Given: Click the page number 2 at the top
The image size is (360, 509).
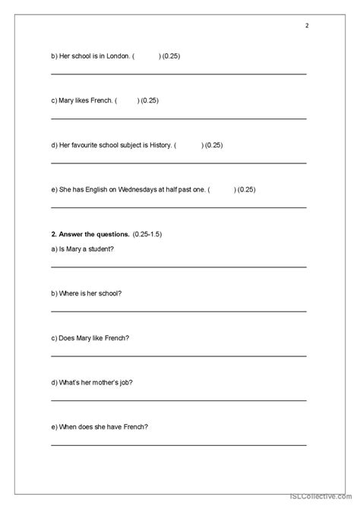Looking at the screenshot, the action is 307,25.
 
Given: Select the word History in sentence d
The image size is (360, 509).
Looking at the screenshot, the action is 158,145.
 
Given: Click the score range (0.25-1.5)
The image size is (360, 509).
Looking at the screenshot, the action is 147,234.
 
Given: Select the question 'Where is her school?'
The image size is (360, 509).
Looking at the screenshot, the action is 86,293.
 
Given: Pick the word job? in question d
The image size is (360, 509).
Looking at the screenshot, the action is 134,382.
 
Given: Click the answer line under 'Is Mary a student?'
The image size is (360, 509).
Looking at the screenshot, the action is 178,267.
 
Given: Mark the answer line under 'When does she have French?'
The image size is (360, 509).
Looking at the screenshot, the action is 178,445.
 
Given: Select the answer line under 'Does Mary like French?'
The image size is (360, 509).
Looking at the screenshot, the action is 178,356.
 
